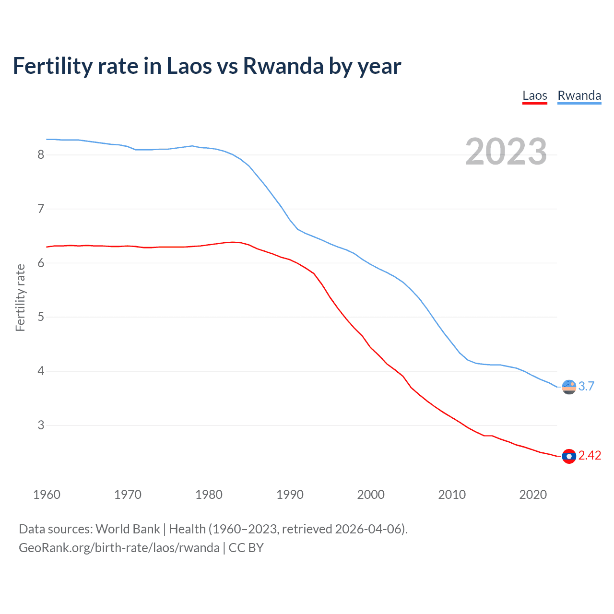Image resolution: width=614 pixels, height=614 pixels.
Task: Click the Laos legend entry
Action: (534, 95)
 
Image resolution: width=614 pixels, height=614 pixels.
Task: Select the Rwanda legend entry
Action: (579, 95)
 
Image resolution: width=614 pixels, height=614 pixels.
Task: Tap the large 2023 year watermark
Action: (506, 152)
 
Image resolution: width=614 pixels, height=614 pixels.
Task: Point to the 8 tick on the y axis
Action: (41, 154)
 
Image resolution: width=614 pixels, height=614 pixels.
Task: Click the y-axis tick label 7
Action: (41, 209)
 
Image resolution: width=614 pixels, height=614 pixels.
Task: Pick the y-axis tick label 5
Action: (41, 317)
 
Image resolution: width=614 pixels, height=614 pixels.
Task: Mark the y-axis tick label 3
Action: (41, 425)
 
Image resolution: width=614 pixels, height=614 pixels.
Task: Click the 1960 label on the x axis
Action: (47, 495)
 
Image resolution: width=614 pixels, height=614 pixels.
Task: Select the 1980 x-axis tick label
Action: (209, 495)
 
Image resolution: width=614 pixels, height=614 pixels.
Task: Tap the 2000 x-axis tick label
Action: (371, 495)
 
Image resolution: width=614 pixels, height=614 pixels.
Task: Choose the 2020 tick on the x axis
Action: (533, 495)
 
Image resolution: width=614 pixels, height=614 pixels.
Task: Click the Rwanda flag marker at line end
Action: (569, 387)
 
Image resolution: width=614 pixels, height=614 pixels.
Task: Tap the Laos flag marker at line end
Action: (569, 456)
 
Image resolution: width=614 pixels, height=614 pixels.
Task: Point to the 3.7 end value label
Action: (586, 387)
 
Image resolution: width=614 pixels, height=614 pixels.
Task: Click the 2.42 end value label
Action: (590, 456)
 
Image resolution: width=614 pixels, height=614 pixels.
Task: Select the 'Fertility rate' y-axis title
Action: (20, 297)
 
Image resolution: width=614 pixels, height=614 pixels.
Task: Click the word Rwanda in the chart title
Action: (283, 66)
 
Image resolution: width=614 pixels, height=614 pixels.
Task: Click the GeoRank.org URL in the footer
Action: (119, 548)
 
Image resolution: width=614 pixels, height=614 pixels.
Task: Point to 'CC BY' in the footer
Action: (246, 548)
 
